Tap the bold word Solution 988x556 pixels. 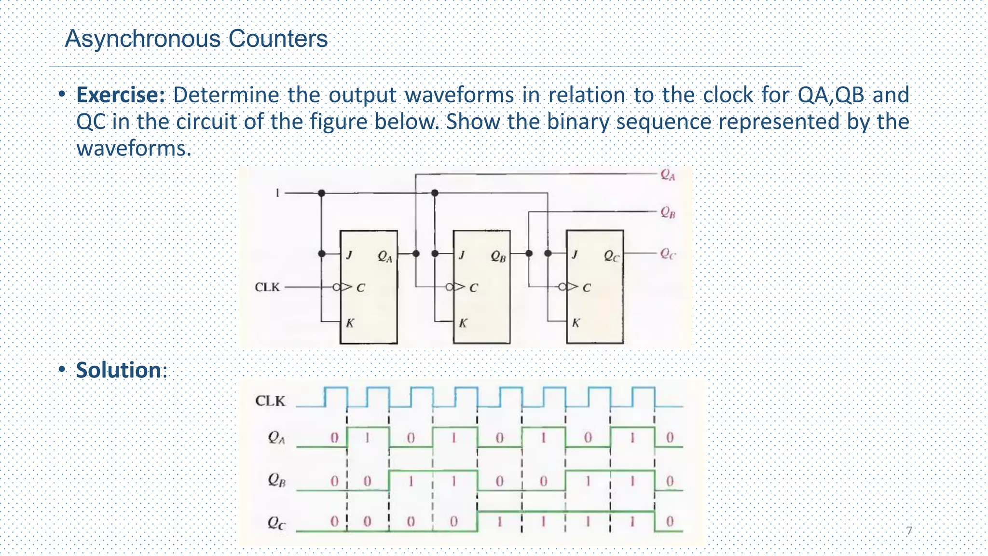pyautogui.click(x=118, y=370)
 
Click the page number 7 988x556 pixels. pyautogui.click(x=909, y=531)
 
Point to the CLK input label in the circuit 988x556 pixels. pyautogui.click(x=267, y=287)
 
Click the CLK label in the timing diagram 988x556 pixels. pyautogui.click(x=270, y=401)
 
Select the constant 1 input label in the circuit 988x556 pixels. pyautogui.click(x=277, y=193)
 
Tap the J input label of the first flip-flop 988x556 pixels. pyautogui.click(x=349, y=254)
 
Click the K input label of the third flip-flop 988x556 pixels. pyautogui.click(x=576, y=323)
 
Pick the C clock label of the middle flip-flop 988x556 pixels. pyautogui.click(x=473, y=288)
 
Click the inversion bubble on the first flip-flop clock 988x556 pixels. pyautogui.click(x=336, y=287)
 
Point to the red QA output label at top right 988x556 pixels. pyautogui.click(x=668, y=175)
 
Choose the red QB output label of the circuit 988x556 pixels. pyautogui.click(x=668, y=212)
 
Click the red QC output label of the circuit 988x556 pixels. pyautogui.click(x=668, y=254)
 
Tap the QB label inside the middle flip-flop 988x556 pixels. pyautogui.click(x=498, y=256)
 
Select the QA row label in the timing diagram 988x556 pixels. pyautogui.click(x=276, y=438)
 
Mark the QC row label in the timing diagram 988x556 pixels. pyautogui.click(x=276, y=523)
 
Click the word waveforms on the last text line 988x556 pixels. pyautogui.click(x=134, y=148)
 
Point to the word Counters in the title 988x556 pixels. pyautogui.click(x=278, y=39)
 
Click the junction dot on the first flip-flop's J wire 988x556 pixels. pyautogui.click(x=322, y=254)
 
